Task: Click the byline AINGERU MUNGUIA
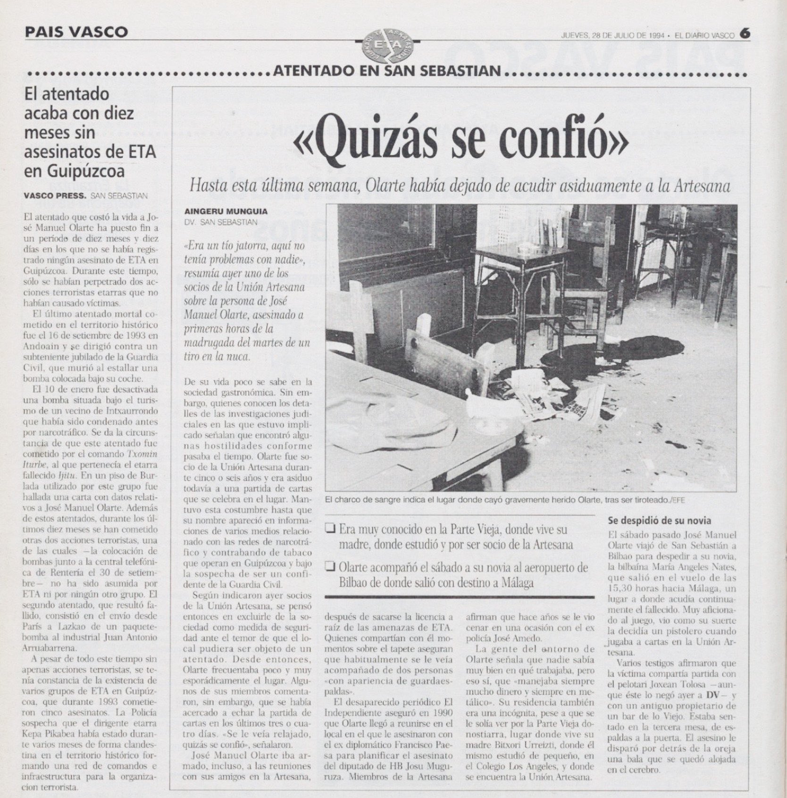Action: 226,212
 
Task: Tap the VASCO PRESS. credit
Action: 55,196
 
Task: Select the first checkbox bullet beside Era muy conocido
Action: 330,529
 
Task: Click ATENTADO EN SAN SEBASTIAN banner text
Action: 386,72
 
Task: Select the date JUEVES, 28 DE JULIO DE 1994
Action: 613,35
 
